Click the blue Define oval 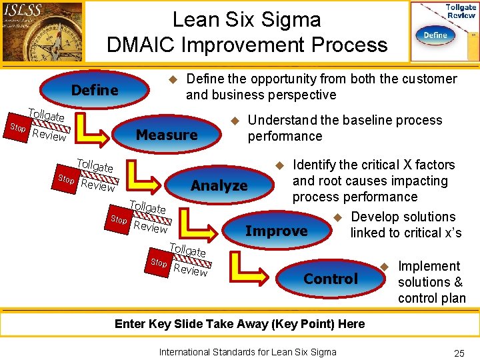point(95,90)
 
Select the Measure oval point(167,135)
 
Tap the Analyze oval point(219,186)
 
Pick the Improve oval point(277,231)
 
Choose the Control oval point(331,279)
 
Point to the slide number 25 point(459,353)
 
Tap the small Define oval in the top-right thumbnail point(435,35)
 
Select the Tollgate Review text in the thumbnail point(461,11)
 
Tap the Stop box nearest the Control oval point(159,263)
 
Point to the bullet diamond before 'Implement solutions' point(384,267)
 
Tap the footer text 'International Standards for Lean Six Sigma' point(247,352)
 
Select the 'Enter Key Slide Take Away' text point(239,324)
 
